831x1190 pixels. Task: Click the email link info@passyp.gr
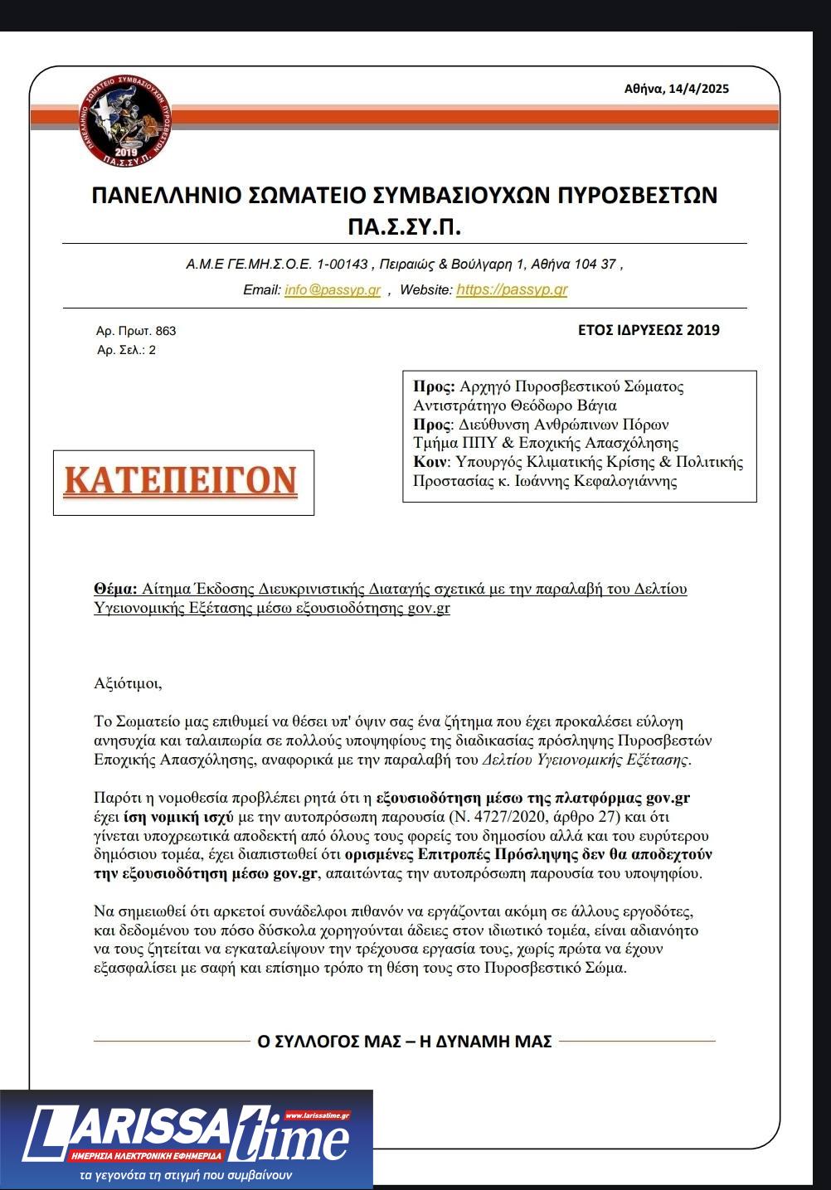(x=333, y=290)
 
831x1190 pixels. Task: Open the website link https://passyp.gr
(x=512, y=290)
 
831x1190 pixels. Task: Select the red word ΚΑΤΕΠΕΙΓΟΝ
(x=181, y=481)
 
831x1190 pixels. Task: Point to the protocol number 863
(x=166, y=331)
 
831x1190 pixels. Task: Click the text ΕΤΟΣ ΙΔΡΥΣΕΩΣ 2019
(x=649, y=330)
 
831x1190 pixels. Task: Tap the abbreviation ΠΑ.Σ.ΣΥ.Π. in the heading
(x=404, y=226)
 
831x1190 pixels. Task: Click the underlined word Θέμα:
(x=115, y=589)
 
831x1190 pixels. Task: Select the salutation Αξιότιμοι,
(x=129, y=684)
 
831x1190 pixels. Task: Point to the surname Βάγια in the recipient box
(x=598, y=406)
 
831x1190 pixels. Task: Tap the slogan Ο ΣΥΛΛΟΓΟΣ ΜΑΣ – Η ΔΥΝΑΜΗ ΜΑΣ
(x=405, y=1042)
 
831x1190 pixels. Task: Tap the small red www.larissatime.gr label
(x=318, y=1116)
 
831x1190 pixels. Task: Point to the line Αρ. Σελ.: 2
(x=126, y=350)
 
